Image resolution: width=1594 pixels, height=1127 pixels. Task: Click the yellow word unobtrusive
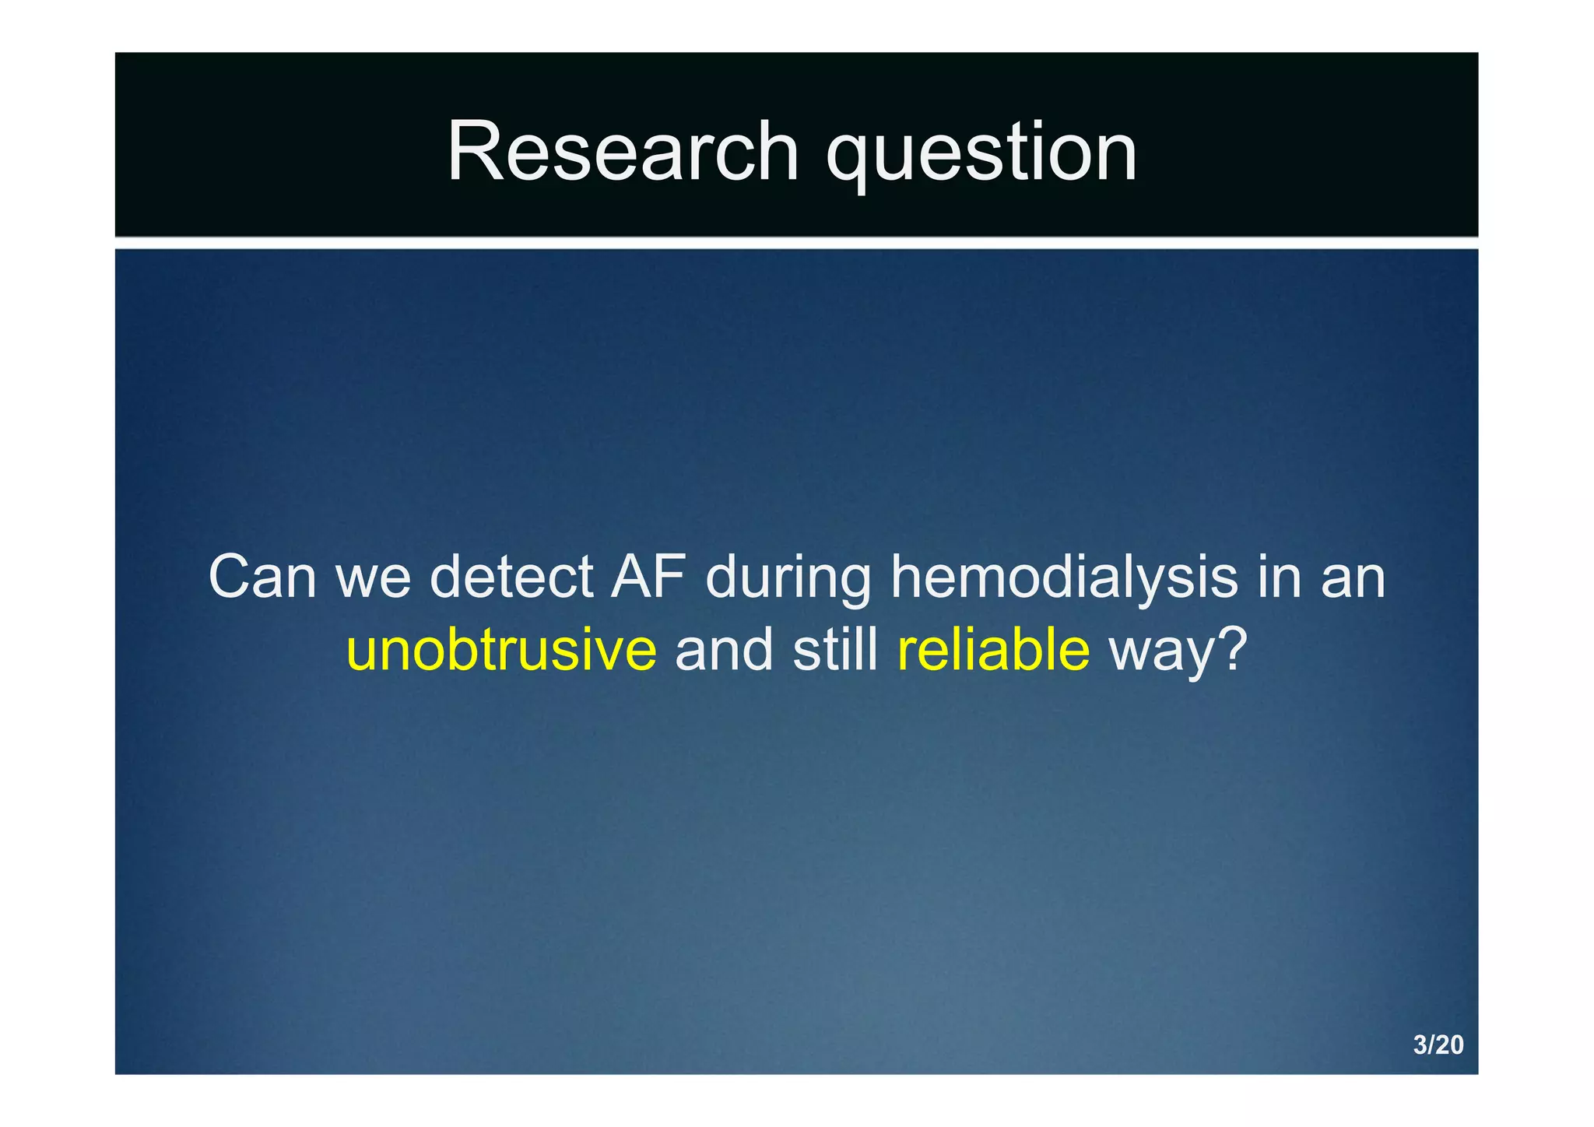click(502, 650)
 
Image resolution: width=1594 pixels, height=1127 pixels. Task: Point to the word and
click(724, 650)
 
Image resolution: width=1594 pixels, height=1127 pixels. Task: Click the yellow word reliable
click(993, 650)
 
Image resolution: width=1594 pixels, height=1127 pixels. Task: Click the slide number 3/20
click(1438, 1044)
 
